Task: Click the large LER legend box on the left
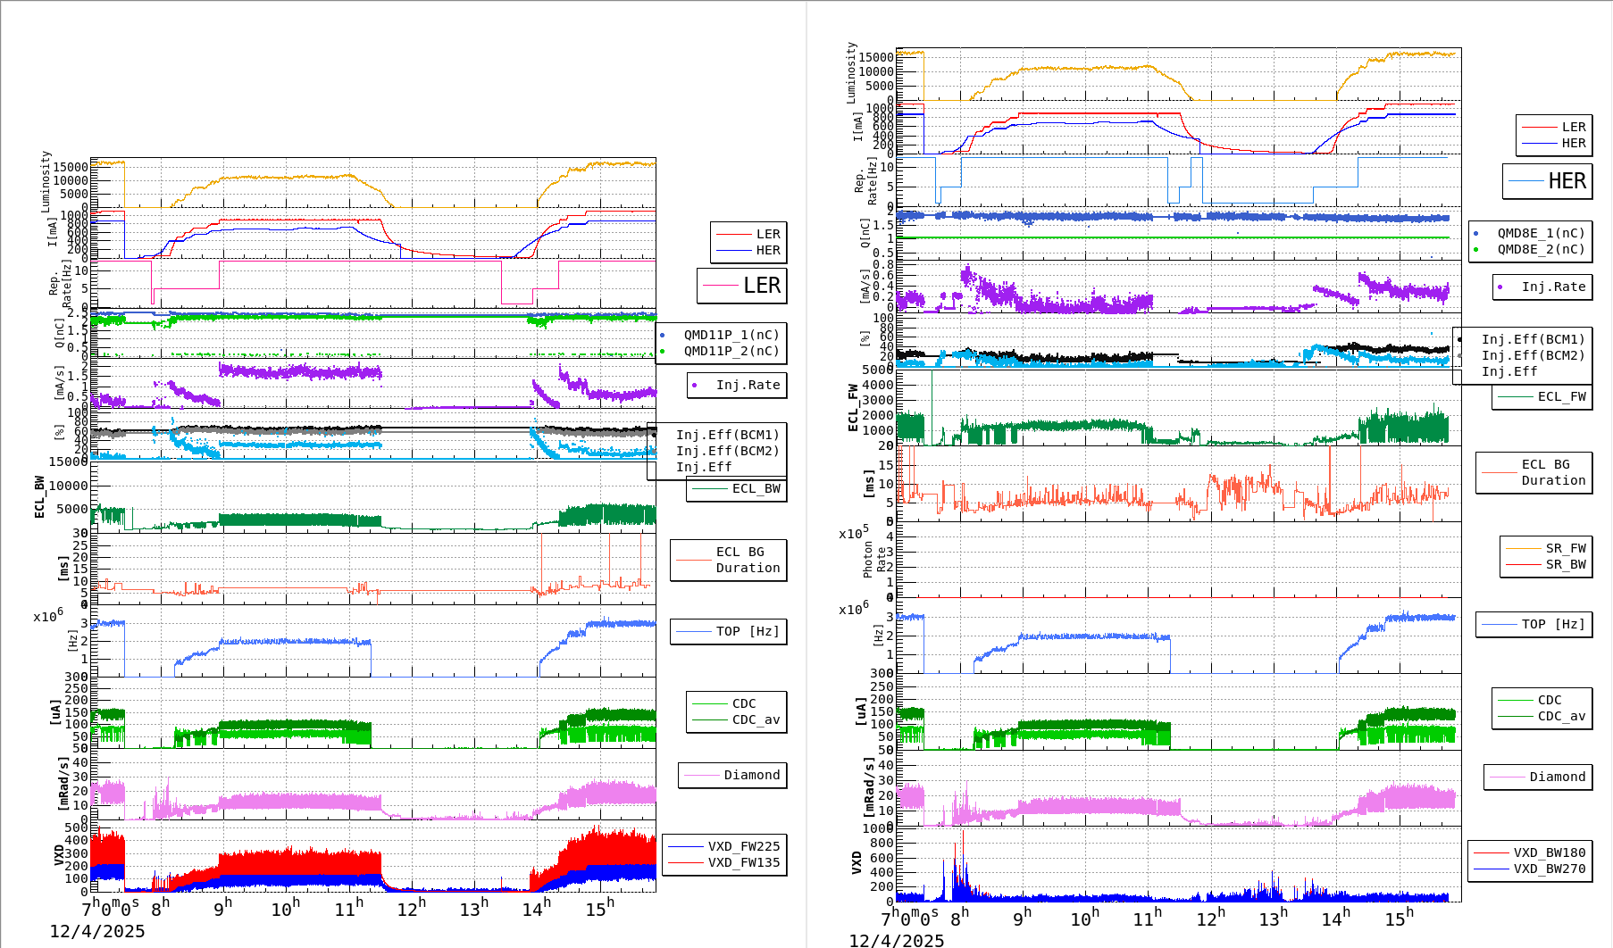pyautogui.click(x=742, y=286)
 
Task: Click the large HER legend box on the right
pyautogui.click(x=1548, y=181)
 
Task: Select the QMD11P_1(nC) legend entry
pyautogui.click(x=731, y=335)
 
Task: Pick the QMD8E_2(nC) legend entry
pyautogui.click(x=1540, y=249)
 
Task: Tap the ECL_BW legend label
pyautogui.click(x=756, y=488)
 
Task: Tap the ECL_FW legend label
pyautogui.click(x=1561, y=396)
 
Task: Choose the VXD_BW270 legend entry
pyautogui.click(x=1549, y=869)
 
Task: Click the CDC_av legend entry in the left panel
pyautogui.click(x=756, y=719)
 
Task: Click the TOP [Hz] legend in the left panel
pyautogui.click(x=747, y=631)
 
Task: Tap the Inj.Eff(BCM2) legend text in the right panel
pyautogui.click(x=1533, y=355)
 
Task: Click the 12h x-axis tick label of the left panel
pyautogui.click(x=411, y=909)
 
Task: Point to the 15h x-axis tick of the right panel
pyautogui.click(x=1400, y=918)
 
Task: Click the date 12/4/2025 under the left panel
pyautogui.click(x=96, y=932)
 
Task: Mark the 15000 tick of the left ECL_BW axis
pyautogui.click(x=68, y=462)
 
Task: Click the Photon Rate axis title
pyautogui.click(x=874, y=559)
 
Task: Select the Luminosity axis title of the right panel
pyautogui.click(x=851, y=71)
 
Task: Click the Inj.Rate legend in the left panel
pyautogui.click(x=747, y=385)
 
